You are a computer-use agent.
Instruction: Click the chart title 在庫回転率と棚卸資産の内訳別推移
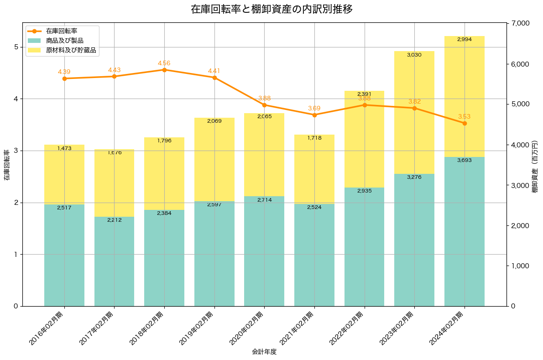271,9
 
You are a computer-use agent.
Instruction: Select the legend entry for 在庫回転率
61,31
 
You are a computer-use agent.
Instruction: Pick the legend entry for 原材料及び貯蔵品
71,50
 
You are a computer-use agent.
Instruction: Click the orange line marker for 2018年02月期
164,70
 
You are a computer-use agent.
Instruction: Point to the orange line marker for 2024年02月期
465,123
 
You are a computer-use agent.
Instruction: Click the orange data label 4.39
64,72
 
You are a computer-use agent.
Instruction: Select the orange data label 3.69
314,108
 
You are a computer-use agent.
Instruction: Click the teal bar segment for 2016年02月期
64,255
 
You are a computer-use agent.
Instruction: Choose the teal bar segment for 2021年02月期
314,255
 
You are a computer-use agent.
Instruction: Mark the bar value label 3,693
465,160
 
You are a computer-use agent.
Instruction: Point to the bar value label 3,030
414,55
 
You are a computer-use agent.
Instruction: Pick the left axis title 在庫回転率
7,165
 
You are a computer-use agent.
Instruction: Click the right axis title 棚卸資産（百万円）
536,165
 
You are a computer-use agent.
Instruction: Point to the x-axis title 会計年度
264,352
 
